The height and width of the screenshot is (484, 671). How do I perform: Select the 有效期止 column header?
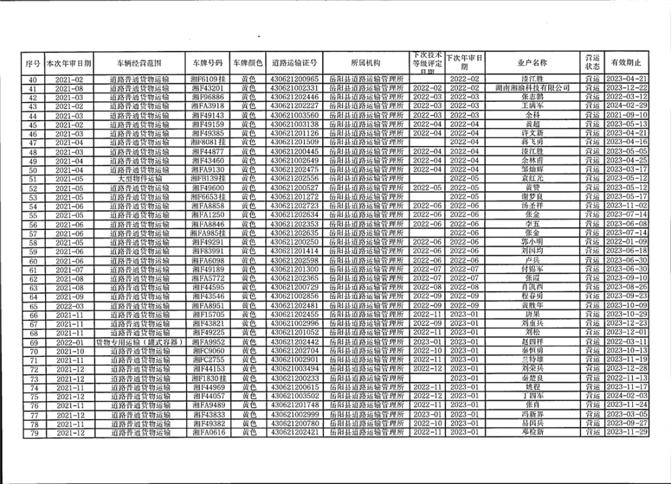[x=625, y=63]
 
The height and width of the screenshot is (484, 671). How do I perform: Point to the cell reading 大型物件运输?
[x=140, y=179]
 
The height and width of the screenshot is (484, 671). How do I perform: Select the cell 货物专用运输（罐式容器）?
[x=140, y=342]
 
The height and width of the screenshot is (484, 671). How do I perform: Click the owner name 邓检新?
[x=531, y=432]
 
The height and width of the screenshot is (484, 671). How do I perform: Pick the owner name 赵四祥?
[x=531, y=342]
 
